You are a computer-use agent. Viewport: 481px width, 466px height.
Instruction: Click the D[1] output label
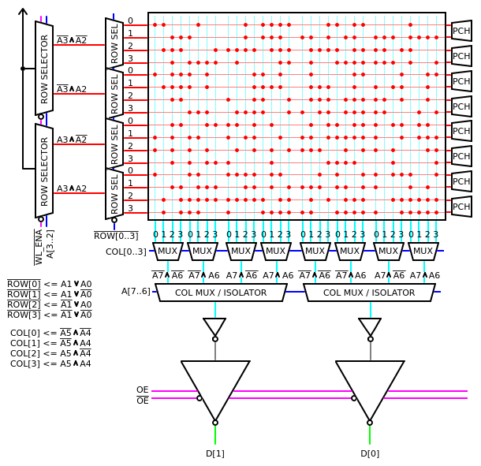pyautogui.click(x=215, y=453)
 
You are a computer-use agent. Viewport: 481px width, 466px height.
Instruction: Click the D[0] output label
pyautogui.click(x=370, y=453)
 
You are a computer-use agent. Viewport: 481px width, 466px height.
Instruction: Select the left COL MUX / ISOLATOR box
pyautogui.click(x=221, y=293)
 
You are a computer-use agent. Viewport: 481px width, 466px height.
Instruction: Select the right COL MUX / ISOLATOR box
pyautogui.click(x=369, y=293)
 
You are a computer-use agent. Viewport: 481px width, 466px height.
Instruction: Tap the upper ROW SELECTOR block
pyautogui.click(x=44, y=68)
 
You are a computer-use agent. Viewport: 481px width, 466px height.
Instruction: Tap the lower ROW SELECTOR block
pyautogui.click(x=44, y=170)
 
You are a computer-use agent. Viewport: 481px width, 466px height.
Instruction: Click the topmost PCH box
pyautogui.click(x=461, y=32)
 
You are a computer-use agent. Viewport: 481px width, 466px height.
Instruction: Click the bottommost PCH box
pyautogui.click(x=461, y=207)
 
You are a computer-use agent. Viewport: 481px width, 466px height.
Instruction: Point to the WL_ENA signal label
pyautogui.click(x=39, y=247)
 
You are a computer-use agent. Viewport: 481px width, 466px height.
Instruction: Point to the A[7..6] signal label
pyautogui.click(x=136, y=292)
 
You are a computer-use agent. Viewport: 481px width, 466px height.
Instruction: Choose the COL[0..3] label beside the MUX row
pyautogui.click(x=126, y=252)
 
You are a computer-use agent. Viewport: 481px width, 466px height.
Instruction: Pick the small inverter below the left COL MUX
pyautogui.click(x=214, y=326)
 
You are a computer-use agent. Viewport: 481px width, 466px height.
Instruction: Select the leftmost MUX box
pyautogui.click(x=167, y=252)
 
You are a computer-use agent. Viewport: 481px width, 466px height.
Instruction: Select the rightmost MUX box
pyautogui.click(x=423, y=252)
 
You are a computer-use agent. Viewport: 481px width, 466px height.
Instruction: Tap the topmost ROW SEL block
pyautogui.click(x=114, y=43)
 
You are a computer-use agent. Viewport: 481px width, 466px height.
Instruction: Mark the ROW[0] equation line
pyautogui.click(x=49, y=285)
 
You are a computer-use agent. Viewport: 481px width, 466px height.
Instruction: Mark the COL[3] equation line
pyautogui.click(x=50, y=363)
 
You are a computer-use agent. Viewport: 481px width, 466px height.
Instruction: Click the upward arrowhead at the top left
pyautogui.click(x=23, y=13)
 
